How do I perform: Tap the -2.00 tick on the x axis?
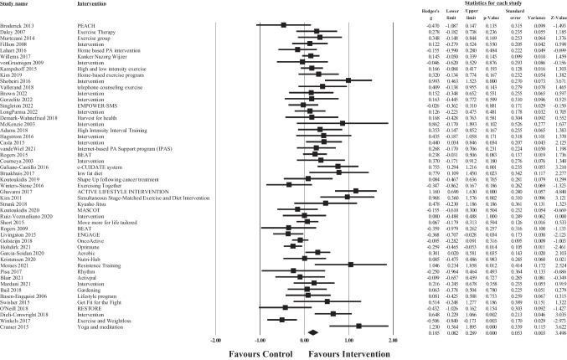coord(216,341)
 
